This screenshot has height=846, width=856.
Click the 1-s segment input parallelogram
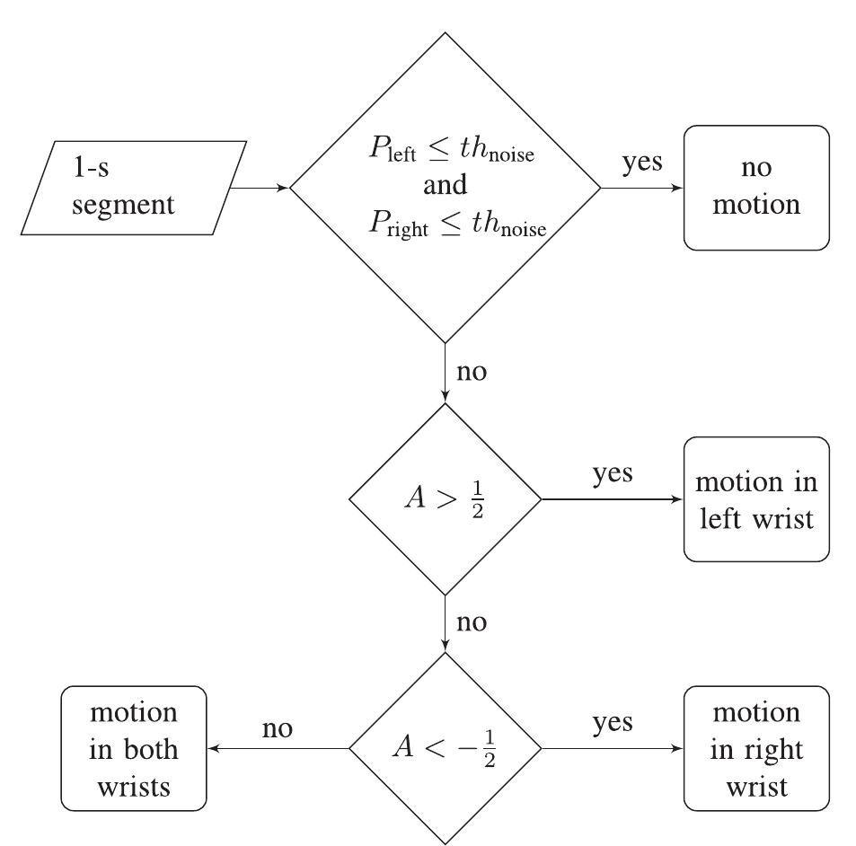pos(133,188)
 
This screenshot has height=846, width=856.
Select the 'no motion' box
pos(756,188)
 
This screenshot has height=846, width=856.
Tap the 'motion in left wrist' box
pos(756,499)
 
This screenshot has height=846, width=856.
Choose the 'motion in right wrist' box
pos(756,748)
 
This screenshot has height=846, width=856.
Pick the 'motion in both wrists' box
pos(133,748)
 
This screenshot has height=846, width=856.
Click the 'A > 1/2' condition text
pos(445,499)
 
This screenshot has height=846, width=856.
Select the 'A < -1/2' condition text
pos(445,748)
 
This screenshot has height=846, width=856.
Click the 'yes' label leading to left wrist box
pos(612,474)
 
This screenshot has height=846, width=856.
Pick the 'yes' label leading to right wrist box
pos(612,722)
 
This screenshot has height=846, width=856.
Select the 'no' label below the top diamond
pos(472,371)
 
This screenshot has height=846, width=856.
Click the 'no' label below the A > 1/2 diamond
pos(472,621)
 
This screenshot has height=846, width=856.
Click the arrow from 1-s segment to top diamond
pos(260,188)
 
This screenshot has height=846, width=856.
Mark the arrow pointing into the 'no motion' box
pos(641,189)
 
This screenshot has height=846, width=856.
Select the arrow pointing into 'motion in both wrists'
pos(278,748)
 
